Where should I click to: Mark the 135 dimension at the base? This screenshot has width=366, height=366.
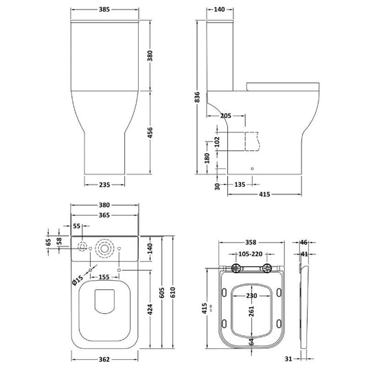240,184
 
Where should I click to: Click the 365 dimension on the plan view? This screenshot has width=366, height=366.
104,216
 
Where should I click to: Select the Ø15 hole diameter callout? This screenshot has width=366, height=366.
78,279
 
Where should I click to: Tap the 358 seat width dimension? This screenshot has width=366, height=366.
252,242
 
